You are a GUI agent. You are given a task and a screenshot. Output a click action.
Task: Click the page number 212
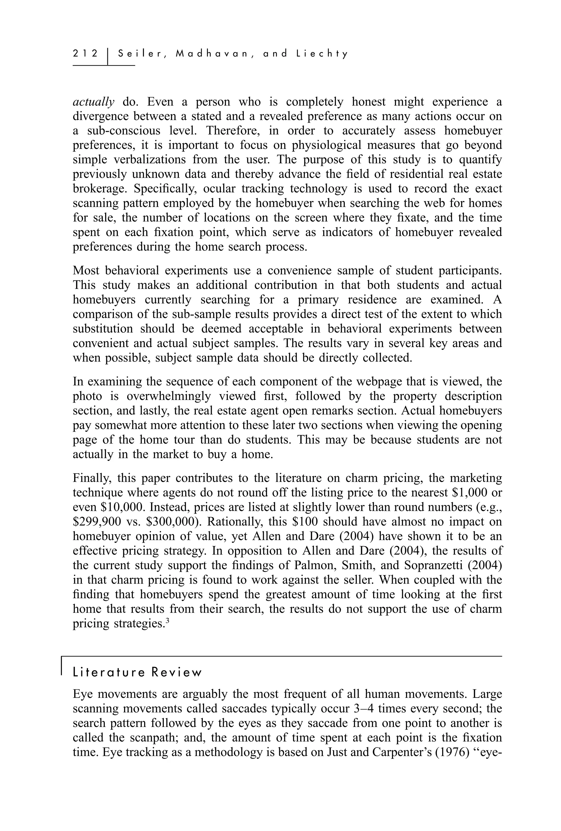tap(85, 54)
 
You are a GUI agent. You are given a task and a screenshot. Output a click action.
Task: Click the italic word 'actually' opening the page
tap(93, 102)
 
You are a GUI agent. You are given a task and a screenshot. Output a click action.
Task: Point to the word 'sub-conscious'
tap(124, 131)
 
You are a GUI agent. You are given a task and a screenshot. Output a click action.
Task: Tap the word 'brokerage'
tap(99, 189)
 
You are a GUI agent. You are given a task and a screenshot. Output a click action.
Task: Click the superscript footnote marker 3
tap(167, 621)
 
